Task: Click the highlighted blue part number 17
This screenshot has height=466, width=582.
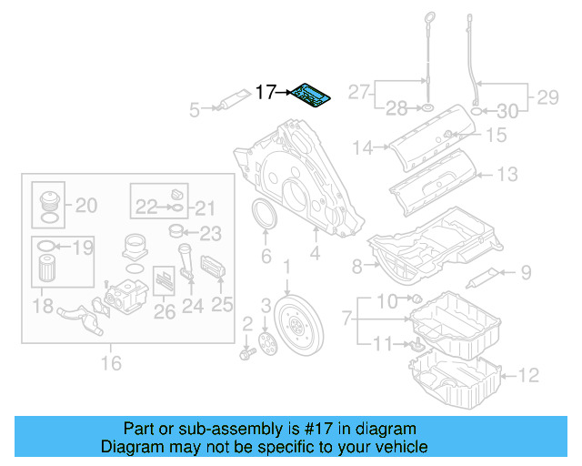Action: tap(312, 96)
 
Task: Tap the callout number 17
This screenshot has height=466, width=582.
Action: tap(266, 92)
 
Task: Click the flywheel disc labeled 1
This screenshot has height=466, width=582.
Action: tap(296, 324)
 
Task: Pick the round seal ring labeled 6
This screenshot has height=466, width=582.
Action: tap(266, 220)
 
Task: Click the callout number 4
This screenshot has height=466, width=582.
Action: tap(315, 257)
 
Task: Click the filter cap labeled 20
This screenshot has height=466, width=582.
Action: tap(47, 203)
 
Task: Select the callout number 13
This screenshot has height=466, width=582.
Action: tap(507, 174)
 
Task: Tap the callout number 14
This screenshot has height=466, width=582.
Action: tap(364, 147)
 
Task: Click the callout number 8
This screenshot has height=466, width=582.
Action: tap(357, 266)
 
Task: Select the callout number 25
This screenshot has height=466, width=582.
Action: tap(223, 304)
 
